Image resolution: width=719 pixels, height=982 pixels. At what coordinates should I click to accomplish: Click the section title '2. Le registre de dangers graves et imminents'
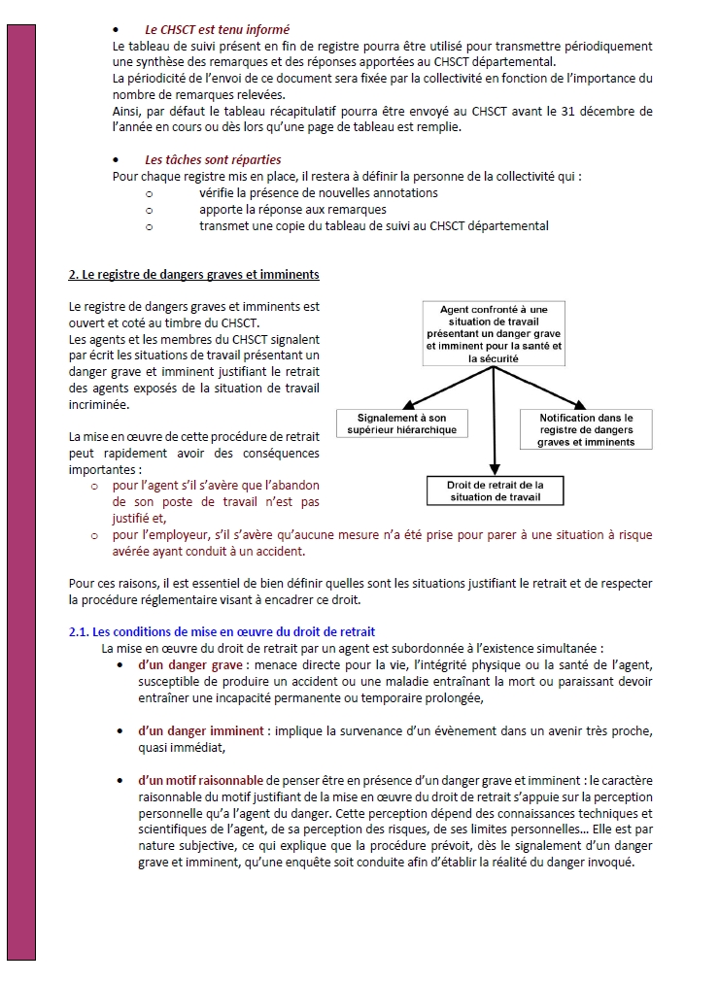pos(193,275)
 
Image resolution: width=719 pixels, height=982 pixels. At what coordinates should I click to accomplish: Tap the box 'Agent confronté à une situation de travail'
pos(494,334)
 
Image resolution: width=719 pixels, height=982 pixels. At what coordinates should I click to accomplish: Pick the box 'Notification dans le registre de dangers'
pos(586,429)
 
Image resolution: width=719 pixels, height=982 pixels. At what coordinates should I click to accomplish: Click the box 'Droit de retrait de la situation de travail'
pos(495,491)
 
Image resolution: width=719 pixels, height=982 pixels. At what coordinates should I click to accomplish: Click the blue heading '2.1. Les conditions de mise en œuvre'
pos(222,631)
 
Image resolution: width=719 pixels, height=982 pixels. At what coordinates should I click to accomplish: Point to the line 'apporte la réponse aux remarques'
pos(292,209)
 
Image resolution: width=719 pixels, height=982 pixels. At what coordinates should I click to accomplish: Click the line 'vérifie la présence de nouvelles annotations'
pos(319,192)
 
